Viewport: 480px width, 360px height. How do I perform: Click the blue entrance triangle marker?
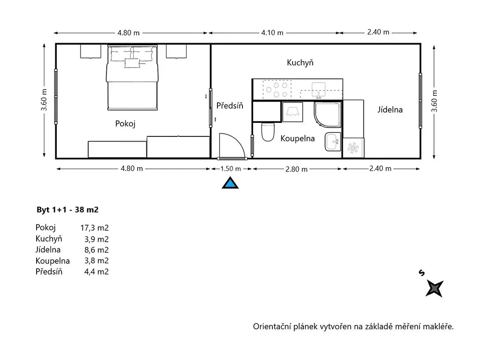230,183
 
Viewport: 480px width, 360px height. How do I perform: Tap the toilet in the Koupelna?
268,132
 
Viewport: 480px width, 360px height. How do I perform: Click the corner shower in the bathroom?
327,114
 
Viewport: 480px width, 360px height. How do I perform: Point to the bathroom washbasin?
333,142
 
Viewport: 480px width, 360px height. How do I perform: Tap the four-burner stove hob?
277,90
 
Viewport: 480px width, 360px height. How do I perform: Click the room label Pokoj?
125,124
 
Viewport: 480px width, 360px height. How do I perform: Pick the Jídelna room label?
390,110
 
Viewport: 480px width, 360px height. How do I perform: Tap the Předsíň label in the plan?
230,105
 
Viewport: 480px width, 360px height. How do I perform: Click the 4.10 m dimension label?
272,32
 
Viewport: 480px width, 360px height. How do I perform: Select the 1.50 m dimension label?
231,169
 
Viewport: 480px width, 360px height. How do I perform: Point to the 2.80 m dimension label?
296,169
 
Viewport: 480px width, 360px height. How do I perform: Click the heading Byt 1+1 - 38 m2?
67,210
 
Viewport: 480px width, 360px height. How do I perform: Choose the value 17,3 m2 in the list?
94,228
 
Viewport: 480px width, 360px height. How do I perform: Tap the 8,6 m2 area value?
97,250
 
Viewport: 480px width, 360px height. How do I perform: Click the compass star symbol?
435,288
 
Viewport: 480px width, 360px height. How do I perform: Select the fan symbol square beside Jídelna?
353,148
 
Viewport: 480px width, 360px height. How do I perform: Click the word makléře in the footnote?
438,327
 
